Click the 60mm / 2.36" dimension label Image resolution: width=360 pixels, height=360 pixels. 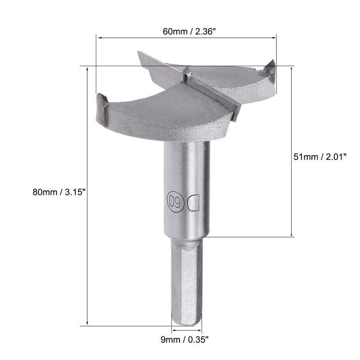click(189, 31)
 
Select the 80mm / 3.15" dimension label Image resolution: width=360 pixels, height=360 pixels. click(59, 192)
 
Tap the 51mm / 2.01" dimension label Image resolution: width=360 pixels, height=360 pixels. click(320, 157)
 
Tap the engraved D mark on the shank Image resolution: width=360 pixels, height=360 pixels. click(193, 203)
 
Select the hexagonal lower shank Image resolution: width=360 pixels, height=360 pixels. click(186, 283)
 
